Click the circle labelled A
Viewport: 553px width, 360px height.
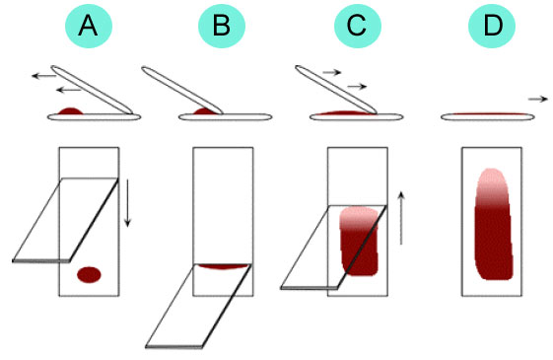[x=89, y=26]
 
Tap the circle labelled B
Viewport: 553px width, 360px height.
[x=222, y=26]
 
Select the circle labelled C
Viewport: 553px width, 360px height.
[x=358, y=26]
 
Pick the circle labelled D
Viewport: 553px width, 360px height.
[x=492, y=26]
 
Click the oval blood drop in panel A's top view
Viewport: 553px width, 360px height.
[x=90, y=274]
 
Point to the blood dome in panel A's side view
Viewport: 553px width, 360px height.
[x=71, y=111]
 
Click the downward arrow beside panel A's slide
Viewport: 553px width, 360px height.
[x=127, y=203]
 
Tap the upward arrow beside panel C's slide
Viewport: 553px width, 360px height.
[x=401, y=218]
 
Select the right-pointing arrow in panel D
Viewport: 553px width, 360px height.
[x=538, y=100]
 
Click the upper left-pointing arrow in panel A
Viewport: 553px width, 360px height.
[x=43, y=76]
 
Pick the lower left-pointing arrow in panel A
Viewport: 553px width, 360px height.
[x=69, y=91]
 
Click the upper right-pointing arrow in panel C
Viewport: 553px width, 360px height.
[x=332, y=72]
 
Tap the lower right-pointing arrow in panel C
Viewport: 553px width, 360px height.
[x=357, y=86]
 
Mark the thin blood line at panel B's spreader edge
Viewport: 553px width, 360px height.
[x=223, y=266]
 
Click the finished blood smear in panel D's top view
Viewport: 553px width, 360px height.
[x=494, y=225]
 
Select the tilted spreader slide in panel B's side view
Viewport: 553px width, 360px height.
[x=182, y=91]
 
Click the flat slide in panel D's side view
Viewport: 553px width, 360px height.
[x=488, y=117]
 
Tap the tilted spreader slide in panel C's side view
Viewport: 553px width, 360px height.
[x=336, y=90]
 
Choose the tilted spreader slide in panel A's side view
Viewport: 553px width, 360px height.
[x=92, y=90]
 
